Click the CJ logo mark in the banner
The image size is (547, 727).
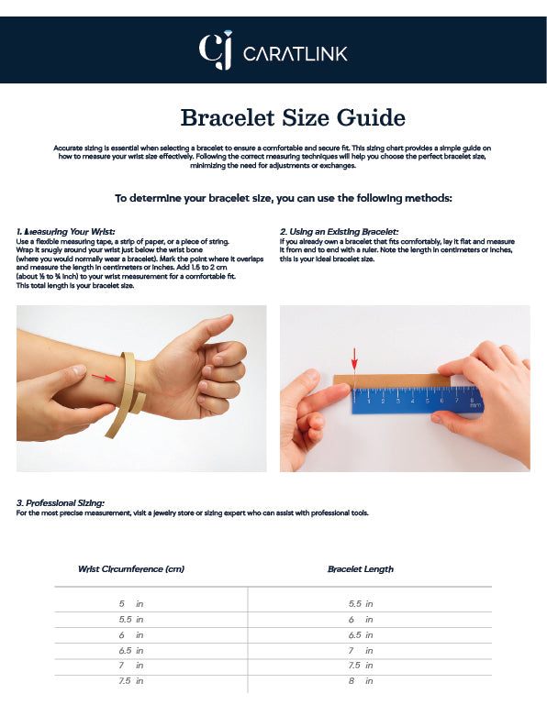point(216,50)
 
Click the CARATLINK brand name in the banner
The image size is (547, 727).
point(295,54)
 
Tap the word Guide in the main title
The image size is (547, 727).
point(371,118)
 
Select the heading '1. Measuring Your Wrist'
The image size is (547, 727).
point(65,231)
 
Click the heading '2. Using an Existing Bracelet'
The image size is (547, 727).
point(339,231)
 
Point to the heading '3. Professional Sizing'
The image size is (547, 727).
point(61,502)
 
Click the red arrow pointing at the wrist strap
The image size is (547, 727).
point(103,378)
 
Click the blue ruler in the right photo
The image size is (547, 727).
point(417,400)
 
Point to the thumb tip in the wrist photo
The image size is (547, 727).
point(227,320)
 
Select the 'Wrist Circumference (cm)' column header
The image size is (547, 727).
point(131,569)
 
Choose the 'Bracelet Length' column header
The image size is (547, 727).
point(361,569)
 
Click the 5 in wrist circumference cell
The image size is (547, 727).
point(131,603)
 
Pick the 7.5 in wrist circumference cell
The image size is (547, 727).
point(131,680)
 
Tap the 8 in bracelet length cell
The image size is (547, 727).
point(361,680)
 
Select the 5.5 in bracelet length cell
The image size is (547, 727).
point(361,603)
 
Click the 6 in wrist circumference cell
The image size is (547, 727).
point(131,634)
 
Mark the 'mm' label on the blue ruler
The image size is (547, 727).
point(475,406)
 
